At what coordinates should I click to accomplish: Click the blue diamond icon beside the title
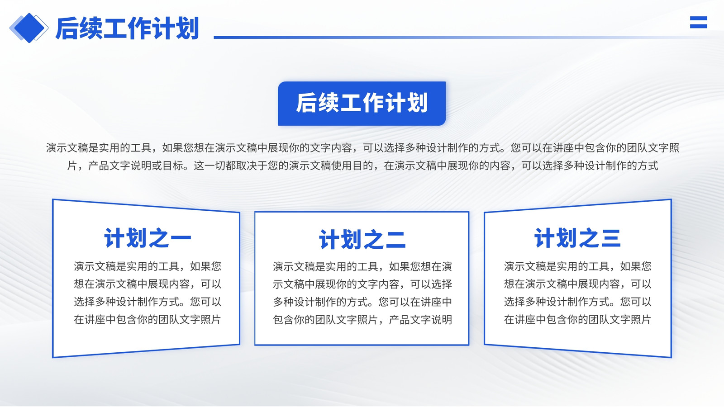[x=29, y=28]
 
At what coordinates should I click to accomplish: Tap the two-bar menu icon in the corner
[x=699, y=22]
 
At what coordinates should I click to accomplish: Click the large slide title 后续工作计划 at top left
[x=127, y=28]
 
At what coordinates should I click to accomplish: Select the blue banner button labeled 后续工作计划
[x=362, y=104]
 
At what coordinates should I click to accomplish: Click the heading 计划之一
[x=148, y=238]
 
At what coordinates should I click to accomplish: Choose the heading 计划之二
[x=362, y=240]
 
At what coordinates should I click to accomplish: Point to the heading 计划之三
[x=577, y=238]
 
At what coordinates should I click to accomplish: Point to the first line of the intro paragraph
[x=362, y=148]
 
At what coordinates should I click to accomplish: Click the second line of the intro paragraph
[x=362, y=166]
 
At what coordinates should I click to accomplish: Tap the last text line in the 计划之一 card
[x=148, y=319]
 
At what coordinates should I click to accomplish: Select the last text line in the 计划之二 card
[x=362, y=320]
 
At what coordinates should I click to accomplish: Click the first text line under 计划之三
[x=577, y=266]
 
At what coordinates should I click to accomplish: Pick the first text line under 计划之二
[x=362, y=267]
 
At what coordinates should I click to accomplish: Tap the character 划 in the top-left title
[x=187, y=28]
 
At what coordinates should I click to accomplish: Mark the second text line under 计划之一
[x=148, y=284]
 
